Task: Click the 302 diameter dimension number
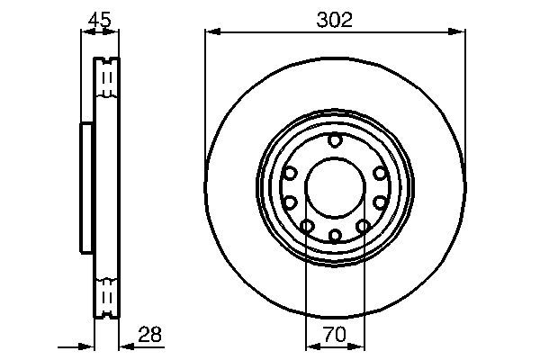pos(335,18)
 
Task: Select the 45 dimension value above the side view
pos(99,17)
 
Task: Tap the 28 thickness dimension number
pos(150,335)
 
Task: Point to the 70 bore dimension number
pos(335,335)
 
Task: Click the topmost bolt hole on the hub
pos(335,140)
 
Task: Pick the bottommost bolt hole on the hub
pos(335,236)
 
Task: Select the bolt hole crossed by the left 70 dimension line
pos(307,226)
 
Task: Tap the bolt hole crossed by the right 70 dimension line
pos(364,226)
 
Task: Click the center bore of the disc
pos(335,188)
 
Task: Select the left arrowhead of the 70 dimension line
pos(311,346)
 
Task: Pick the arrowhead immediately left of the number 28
pos(124,346)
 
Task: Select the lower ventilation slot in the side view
pos(106,294)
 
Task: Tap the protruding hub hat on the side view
pos(87,188)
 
